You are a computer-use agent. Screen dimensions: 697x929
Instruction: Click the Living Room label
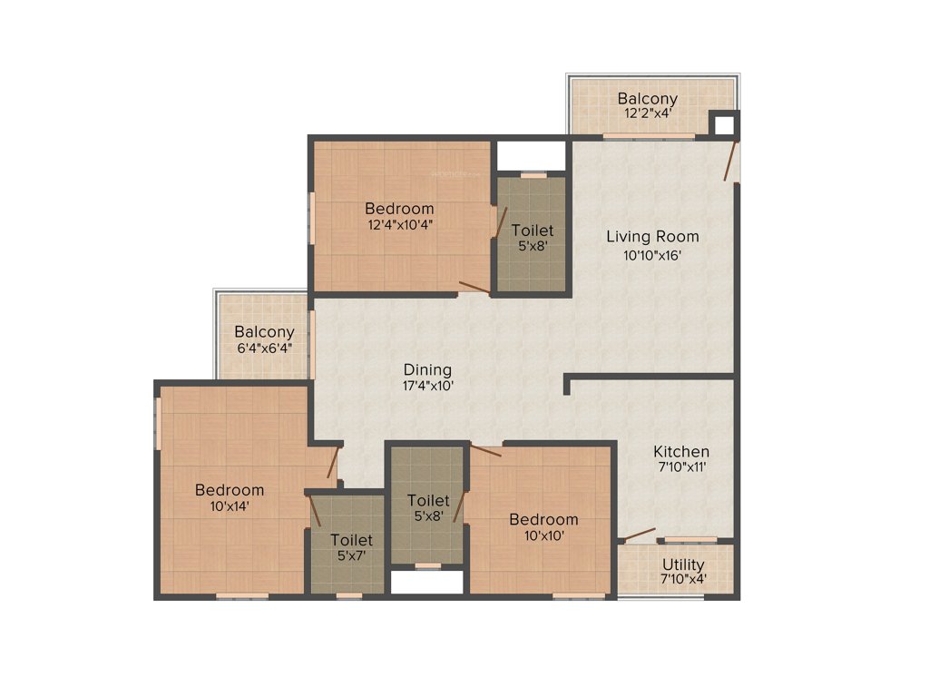(x=652, y=237)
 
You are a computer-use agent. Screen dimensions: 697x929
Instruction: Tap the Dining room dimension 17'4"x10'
(x=428, y=386)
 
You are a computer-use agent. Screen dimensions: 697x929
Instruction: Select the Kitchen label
(x=681, y=451)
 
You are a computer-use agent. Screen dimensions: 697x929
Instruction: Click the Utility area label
(x=682, y=564)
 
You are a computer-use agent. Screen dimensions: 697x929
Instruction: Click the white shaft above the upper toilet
(x=531, y=155)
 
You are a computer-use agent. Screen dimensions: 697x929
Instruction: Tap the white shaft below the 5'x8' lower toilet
(x=426, y=582)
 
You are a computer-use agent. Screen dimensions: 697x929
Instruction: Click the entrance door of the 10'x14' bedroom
(x=333, y=463)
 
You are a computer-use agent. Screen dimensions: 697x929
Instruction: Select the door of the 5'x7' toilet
(x=316, y=513)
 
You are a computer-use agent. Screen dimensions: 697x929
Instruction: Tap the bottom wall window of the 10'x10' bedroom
(x=579, y=596)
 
